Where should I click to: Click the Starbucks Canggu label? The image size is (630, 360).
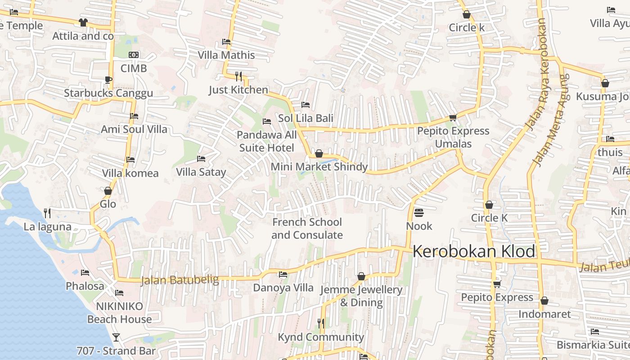108,93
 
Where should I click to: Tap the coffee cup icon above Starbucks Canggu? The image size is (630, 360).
108,80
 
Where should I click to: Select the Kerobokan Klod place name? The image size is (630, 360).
474,252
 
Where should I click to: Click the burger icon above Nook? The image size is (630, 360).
419,212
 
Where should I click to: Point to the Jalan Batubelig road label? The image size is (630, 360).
180,280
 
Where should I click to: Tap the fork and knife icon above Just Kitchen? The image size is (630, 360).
238,76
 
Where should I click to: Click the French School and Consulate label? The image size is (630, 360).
307,229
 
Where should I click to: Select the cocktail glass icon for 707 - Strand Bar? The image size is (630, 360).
116,337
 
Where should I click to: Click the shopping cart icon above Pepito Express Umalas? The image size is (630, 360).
453,118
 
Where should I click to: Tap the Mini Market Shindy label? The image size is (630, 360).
319,167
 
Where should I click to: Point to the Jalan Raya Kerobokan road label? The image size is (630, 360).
537,74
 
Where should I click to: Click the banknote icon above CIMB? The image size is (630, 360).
134,55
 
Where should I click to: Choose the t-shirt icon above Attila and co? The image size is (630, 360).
83,22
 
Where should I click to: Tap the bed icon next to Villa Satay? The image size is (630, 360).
201,159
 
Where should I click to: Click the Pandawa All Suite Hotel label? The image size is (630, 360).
267,141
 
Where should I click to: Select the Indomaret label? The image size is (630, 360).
544,314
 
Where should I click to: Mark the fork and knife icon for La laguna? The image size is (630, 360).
47,213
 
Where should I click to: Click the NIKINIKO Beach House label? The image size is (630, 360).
119,313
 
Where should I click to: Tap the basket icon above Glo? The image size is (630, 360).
108,191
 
